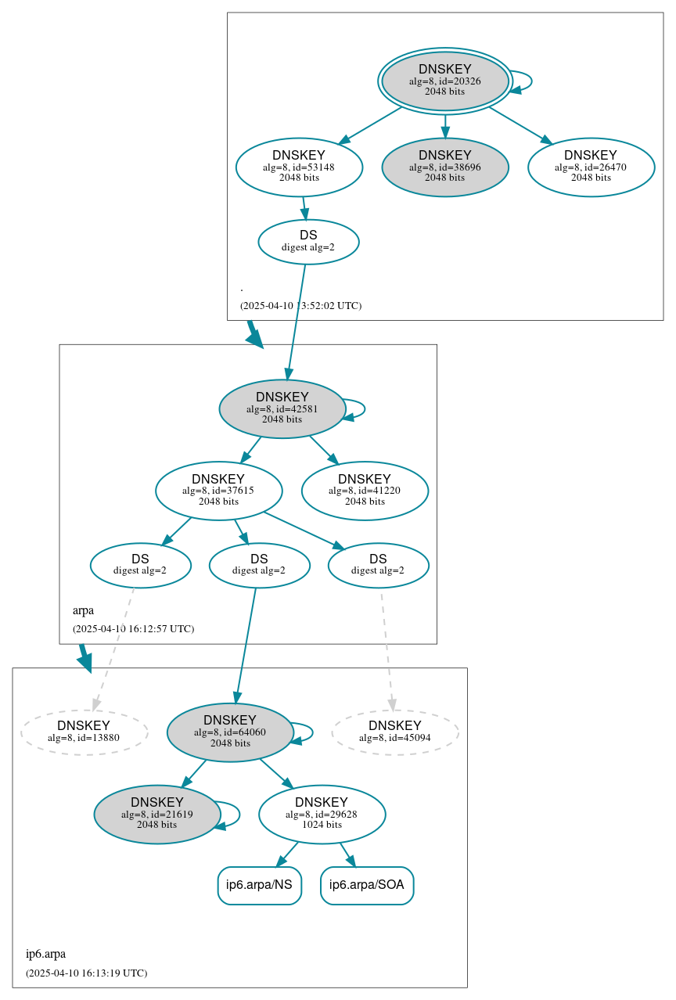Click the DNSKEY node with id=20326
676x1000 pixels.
click(x=444, y=81)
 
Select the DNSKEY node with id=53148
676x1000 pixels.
click(x=299, y=167)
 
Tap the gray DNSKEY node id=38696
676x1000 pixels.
click(x=444, y=167)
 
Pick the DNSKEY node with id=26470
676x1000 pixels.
click(x=591, y=167)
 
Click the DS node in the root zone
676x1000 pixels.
click(x=308, y=242)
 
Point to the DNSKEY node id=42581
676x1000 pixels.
click(x=282, y=408)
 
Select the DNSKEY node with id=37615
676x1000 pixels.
click(x=218, y=491)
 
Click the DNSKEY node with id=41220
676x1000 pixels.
click(x=365, y=491)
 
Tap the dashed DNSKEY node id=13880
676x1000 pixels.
click(x=84, y=732)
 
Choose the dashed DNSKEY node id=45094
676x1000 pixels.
click(x=395, y=732)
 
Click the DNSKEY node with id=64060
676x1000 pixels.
click(x=230, y=732)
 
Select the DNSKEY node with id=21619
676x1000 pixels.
click(x=157, y=814)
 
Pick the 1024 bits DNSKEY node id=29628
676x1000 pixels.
click(x=322, y=814)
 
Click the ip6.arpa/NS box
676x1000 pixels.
click(x=259, y=885)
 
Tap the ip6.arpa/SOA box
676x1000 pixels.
click(x=367, y=885)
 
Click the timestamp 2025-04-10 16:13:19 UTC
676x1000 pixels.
click(x=86, y=973)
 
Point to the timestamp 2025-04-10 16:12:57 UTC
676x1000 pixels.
click(x=133, y=628)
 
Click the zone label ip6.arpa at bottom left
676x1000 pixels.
click(x=45, y=954)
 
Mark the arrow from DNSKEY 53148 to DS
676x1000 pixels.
click(x=304, y=208)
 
